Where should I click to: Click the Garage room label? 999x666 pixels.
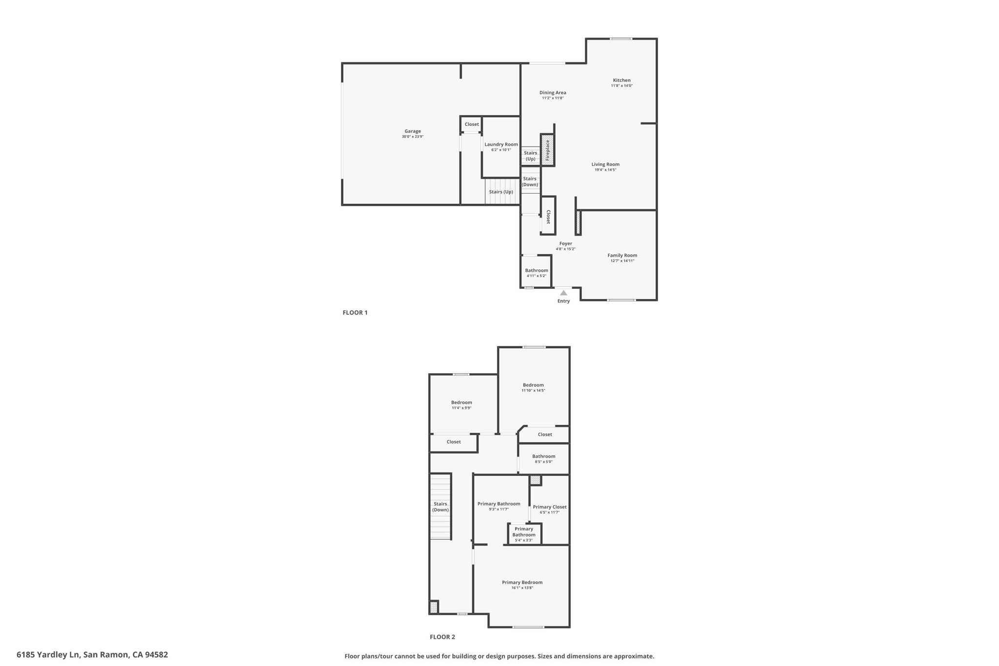[x=412, y=131]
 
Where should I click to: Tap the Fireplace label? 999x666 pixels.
[x=547, y=150]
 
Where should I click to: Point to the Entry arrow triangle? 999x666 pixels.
[x=563, y=293]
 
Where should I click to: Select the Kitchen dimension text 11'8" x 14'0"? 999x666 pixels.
[x=621, y=86]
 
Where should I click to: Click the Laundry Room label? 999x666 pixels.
[x=501, y=144]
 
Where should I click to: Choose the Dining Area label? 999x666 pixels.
[x=553, y=93]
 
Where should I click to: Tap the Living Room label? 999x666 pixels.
[x=605, y=164]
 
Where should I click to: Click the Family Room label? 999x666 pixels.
[x=622, y=255]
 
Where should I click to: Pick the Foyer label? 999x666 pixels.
[x=565, y=243]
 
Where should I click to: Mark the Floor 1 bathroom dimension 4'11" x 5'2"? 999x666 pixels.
[x=536, y=276]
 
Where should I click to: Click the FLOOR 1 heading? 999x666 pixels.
[x=355, y=313]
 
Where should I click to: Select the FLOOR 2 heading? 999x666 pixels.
[x=442, y=637]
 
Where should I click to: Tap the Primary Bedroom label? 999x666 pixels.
[x=522, y=582]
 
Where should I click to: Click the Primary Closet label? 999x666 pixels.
[x=549, y=507]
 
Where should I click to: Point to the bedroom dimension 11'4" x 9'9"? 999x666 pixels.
[x=461, y=408]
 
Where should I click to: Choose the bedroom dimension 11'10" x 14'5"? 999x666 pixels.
[x=533, y=390]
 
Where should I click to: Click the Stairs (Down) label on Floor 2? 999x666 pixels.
[x=440, y=507]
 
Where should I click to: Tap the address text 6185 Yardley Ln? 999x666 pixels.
[x=48, y=655]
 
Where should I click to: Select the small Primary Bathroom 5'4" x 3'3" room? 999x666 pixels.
[x=524, y=534]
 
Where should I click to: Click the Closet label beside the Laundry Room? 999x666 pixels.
[x=471, y=124]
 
